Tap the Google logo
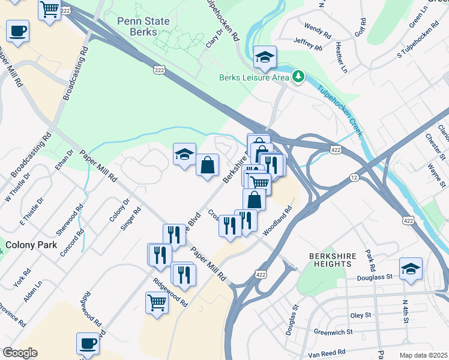(x=20, y=353)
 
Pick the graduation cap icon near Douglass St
(x=411, y=268)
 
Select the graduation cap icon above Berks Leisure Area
(x=265, y=57)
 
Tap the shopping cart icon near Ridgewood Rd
(x=157, y=302)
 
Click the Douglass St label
(x=376, y=277)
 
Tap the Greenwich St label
(x=333, y=331)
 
